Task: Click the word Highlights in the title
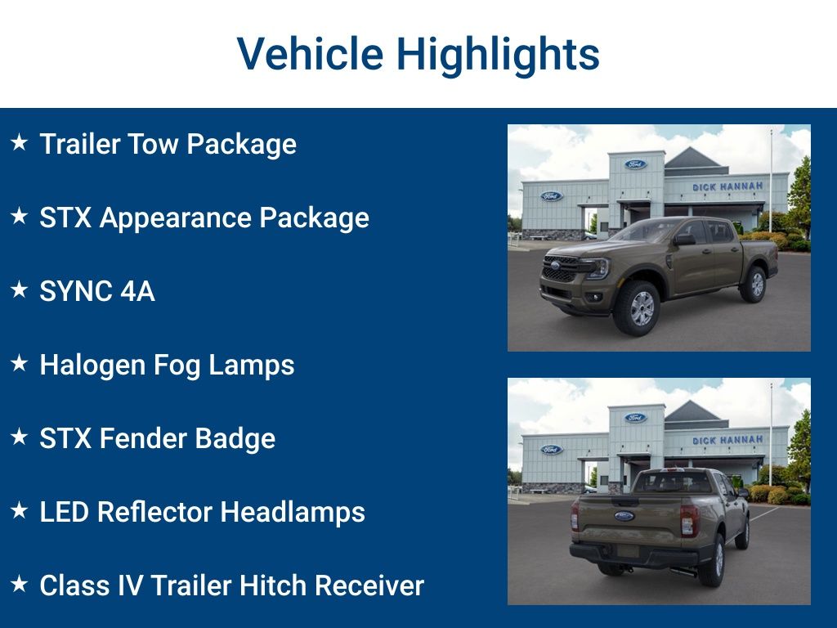click(x=498, y=55)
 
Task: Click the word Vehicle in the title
click(x=310, y=55)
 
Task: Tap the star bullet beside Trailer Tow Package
click(x=20, y=143)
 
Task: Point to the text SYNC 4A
click(x=96, y=292)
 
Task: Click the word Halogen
click(x=92, y=366)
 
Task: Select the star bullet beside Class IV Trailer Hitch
click(x=20, y=585)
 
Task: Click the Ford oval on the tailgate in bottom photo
click(x=624, y=516)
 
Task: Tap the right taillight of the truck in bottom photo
click(x=689, y=520)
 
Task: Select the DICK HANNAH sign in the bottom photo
click(x=727, y=441)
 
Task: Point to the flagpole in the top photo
click(x=770, y=180)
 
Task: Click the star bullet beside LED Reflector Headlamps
click(x=20, y=511)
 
